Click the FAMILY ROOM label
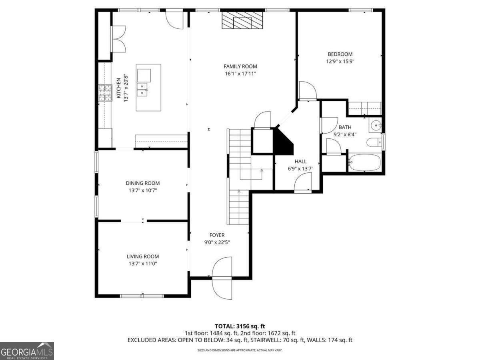[x=240, y=66]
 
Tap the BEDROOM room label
[x=340, y=54]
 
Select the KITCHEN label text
[x=119, y=88]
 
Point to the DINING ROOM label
[x=143, y=183]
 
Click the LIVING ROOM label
[x=143, y=256]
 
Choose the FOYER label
[x=217, y=235]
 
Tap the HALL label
[x=301, y=162]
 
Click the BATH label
[x=345, y=127]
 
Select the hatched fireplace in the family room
[x=242, y=20]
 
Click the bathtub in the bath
[x=364, y=162]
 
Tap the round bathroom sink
[x=376, y=126]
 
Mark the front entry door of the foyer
[x=222, y=278]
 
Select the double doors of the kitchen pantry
[x=118, y=39]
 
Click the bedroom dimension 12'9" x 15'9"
[x=340, y=62]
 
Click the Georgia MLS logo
[x=27, y=351]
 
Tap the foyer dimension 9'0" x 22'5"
[x=217, y=242]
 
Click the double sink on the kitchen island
[x=142, y=89]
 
